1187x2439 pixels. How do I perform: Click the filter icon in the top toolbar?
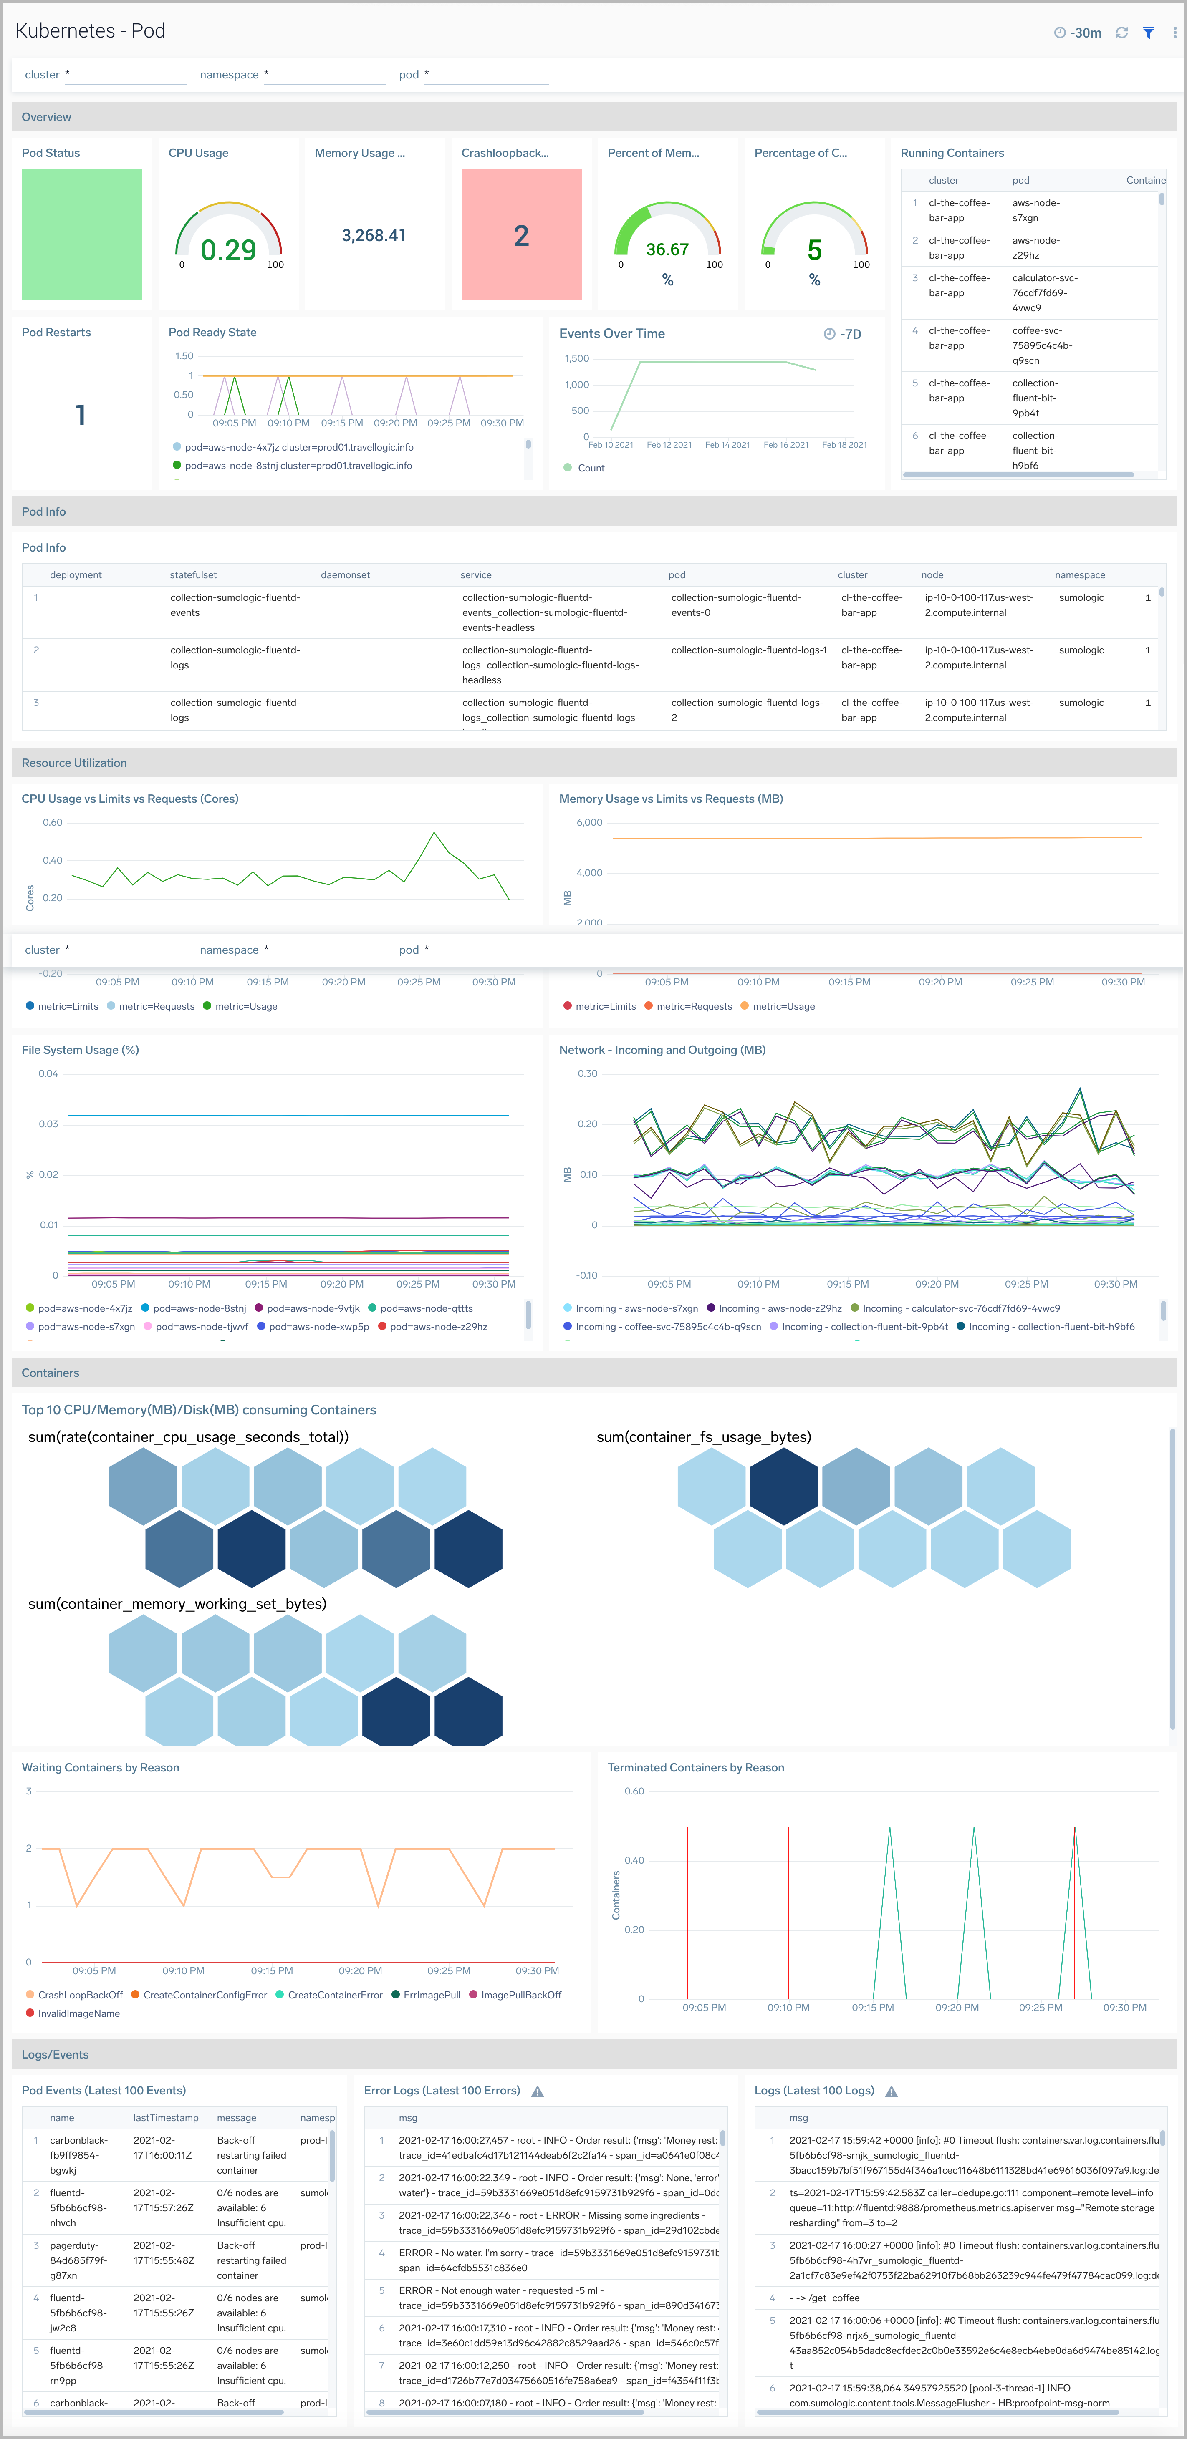pyautogui.click(x=1148, y=32)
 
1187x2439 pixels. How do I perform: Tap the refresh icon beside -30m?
pyautogui.click(x=1121, y=32)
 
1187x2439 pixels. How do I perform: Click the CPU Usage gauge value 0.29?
pyautogui.click(x=228, y=250)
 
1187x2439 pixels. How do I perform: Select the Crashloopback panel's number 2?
pyautogui.click(x=521, y=236)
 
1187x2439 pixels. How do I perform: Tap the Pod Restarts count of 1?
pyautogui.click(x=81, y=415)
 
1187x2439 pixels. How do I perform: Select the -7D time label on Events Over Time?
pyautogui.click(x=850, y=334)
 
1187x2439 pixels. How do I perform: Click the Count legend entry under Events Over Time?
pyautogui.click(x=590, y=468)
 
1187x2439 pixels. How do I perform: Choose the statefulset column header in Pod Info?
pyautogui.click(x=193, y=575)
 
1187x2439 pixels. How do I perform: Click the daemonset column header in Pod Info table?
pyautogui.click(x=345, y=575)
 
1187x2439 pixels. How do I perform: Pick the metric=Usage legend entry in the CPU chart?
pyautogui.click(x=245, y=1006)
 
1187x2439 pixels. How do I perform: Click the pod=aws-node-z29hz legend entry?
pyautogui.click(x=438, y=1326)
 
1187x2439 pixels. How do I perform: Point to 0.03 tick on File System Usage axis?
pyautogui.click(x=48, y=1124)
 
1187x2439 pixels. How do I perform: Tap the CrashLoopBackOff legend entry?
pyautogui.click(x=80, y=1995)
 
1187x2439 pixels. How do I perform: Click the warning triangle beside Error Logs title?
pyautogui.click(x=537, y=2091)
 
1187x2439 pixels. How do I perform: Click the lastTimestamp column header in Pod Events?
pyautogui.click(x=166, y=2118)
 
